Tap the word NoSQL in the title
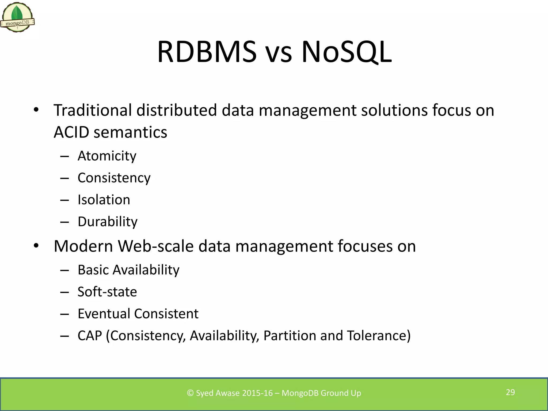(347, 52)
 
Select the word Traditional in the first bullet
(93, 110)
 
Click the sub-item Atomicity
(107, 156)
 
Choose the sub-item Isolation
(104, 200)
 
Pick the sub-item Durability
(107, 222)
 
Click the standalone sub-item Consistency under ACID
(114, 178)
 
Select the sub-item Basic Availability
(128, 270)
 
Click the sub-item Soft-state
(107, 292)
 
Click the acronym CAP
(90, 336)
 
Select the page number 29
(510, 392)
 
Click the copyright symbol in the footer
(190, 393)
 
